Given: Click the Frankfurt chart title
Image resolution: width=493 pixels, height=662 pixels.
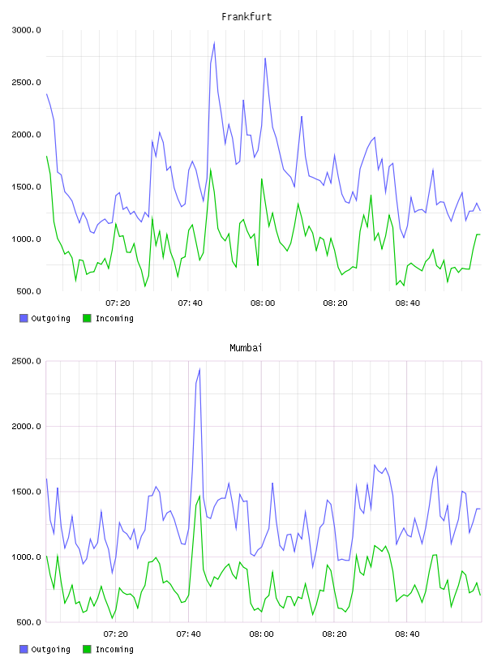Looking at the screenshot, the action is (246, 16).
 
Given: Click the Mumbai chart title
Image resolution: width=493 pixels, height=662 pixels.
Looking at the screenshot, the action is (246, 347).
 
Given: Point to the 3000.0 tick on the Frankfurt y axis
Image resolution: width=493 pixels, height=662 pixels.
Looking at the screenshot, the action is (26, 30).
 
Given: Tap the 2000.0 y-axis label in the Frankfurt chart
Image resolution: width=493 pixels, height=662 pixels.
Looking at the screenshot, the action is (26, 135).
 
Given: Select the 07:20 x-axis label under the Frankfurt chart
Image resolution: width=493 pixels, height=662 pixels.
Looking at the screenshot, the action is (118, 303).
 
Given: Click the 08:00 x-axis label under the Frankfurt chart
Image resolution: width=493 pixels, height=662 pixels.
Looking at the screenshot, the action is (263, 303).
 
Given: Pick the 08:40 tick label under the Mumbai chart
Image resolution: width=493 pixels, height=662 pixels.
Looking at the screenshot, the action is (407, 634).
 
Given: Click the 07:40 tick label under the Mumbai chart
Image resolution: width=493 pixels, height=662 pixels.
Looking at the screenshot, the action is (189, 634).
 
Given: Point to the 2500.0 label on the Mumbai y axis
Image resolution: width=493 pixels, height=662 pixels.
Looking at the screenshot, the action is (26, 361).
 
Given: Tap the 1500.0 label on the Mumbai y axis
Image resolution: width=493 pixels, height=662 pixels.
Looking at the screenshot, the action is (26, 492).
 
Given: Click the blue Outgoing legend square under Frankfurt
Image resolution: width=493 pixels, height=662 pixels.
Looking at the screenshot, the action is (24, 318).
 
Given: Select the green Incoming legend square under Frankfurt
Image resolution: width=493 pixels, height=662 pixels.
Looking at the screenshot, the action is (87, 318).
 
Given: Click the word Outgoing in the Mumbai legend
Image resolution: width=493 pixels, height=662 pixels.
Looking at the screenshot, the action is (50, 649).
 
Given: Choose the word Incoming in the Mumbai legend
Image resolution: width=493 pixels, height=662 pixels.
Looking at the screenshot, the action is (114, 649).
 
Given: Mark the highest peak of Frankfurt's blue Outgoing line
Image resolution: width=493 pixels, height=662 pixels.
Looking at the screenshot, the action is (214, 43).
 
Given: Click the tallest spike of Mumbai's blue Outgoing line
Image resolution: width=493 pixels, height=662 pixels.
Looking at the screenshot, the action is (199, 369).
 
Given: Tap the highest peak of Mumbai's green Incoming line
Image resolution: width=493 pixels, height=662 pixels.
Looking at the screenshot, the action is (199, 496).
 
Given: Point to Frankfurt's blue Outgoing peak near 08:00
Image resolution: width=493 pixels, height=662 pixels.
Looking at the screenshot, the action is (265, 58).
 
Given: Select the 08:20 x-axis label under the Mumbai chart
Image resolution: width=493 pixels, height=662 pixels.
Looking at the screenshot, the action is (334, 634).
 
